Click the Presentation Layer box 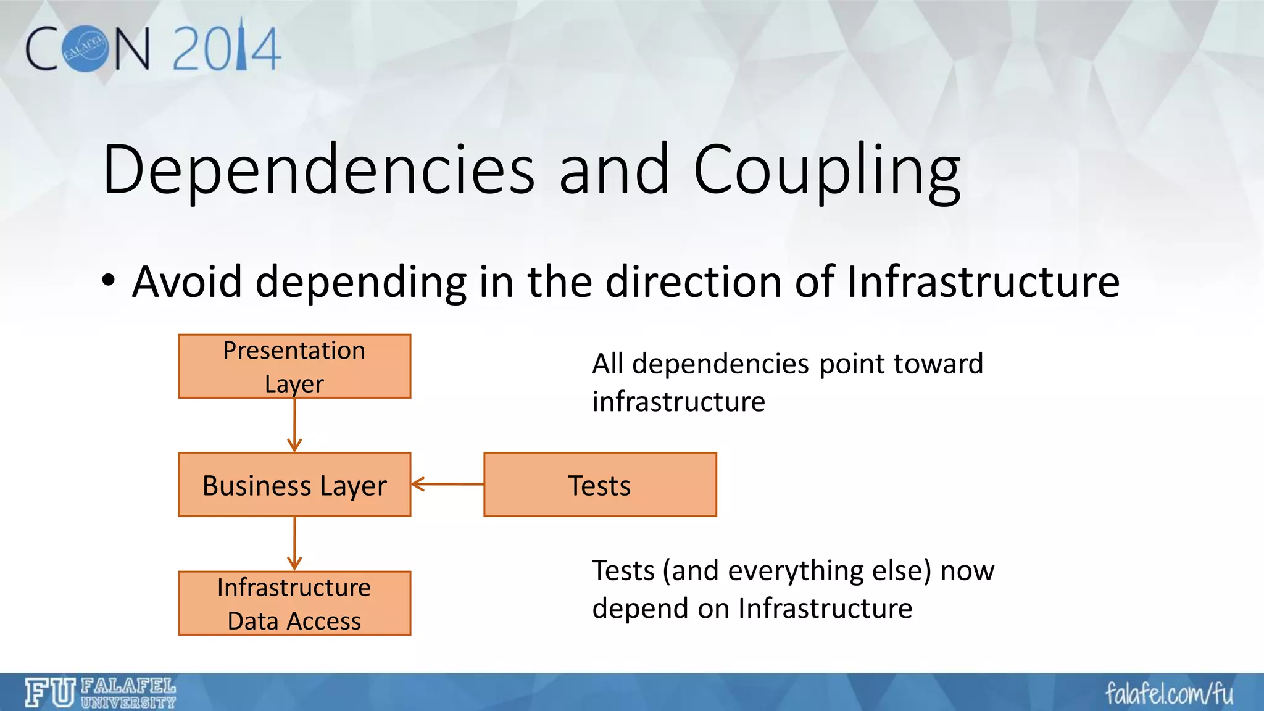(294, 366)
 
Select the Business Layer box (294, 484)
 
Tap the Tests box (600, 484)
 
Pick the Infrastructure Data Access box (294, 603)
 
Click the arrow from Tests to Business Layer (447, 484)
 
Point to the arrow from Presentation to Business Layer (294, 426)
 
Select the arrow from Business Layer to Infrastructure (294, 544)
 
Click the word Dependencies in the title (318, 169)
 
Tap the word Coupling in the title (827, 169)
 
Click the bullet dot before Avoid (109, 281)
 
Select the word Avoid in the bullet (187, 281)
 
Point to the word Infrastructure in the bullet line (983, 281)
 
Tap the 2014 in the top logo (227, 48)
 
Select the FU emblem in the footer (50, 692)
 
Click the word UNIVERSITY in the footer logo (128, 702)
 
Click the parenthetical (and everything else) (797, 570)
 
